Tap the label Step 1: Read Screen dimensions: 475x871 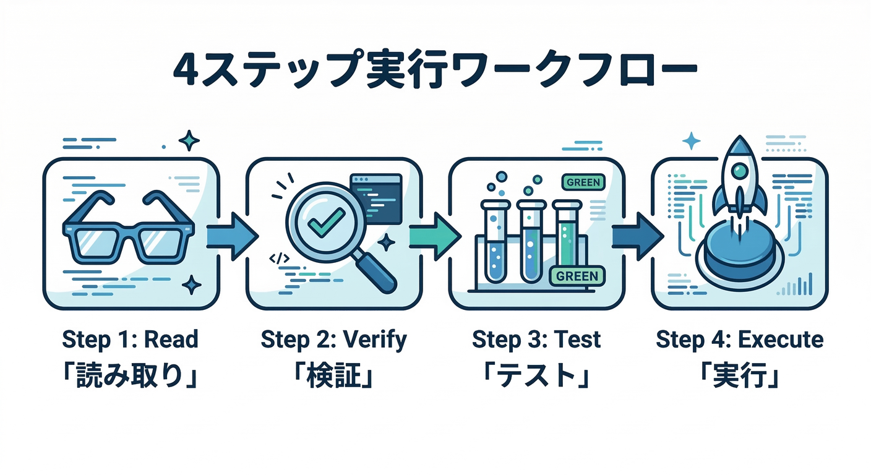(x=130, y=339)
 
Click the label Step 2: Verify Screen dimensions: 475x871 (x=333, y=339)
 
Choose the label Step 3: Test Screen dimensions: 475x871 (x=536, y=339)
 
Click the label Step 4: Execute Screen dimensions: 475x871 (x=739, y=339)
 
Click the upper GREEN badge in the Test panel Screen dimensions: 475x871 (x=582, y=182)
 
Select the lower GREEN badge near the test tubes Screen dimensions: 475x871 (x=577, y=276)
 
